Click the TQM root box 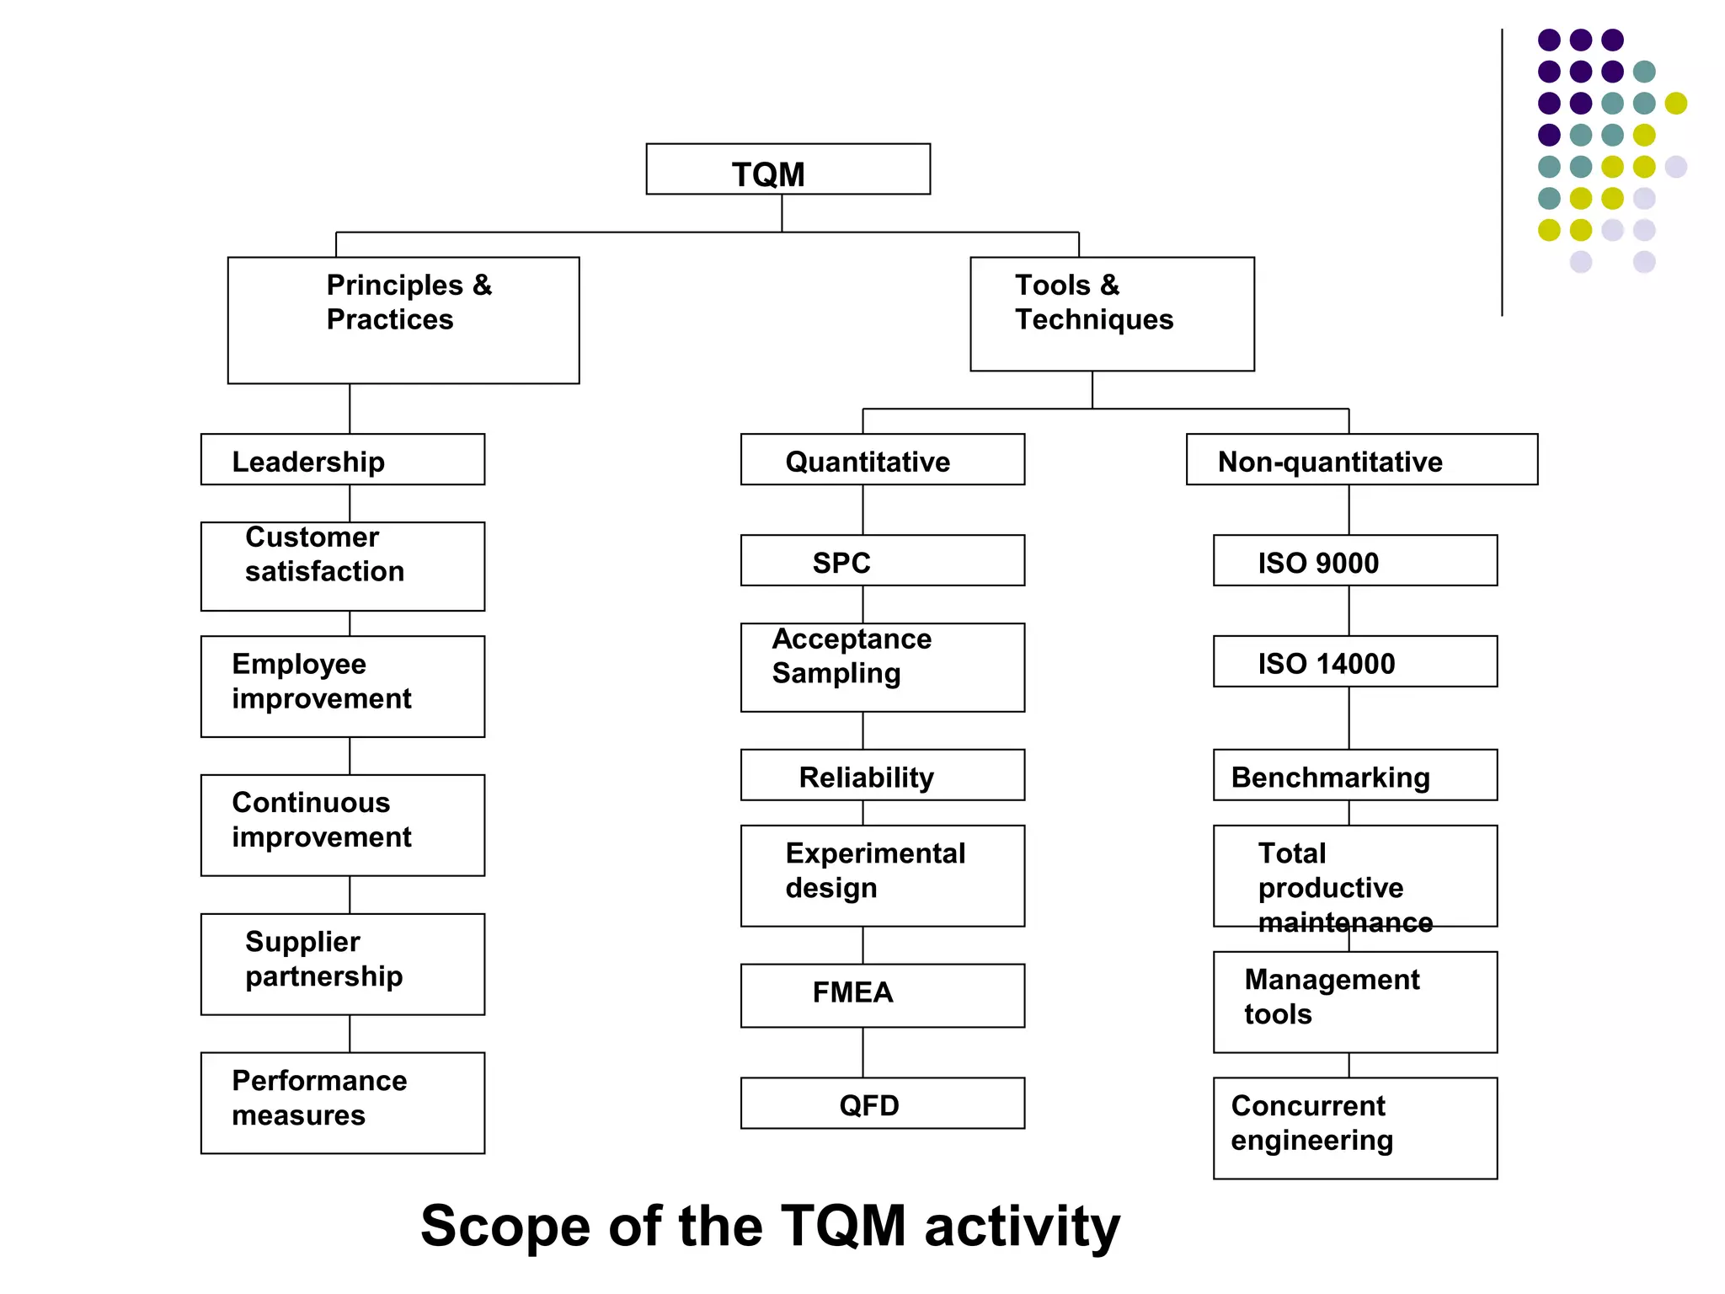tap(788, 169)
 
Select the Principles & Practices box tap(403, 320)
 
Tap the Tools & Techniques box tap(1112, 313)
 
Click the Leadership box tap(343, 460)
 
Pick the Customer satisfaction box tap(343, 566)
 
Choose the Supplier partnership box tap(343, 964)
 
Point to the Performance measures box tap(343, 1102)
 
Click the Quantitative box tap(882, 460)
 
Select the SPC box tap(882, 560)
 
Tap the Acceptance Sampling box tap(882, 667)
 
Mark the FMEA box tap(882, 995)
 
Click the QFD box tap(882, 1103)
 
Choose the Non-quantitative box tap(1361, 460)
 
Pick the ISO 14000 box tap(1354, 661)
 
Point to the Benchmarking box tap(1354, 775)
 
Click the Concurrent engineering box tap(1354, 1127)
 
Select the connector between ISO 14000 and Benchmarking tap(1348, 718)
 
